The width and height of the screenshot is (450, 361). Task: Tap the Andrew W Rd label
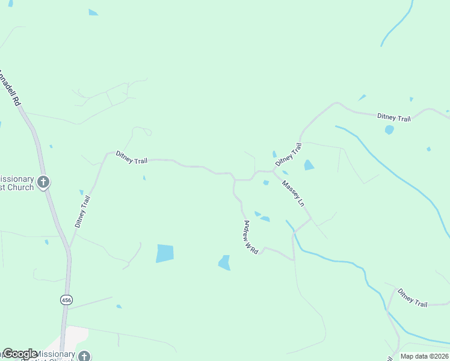[x=250, y=237]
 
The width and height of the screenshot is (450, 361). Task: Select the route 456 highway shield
[x=64, y=300]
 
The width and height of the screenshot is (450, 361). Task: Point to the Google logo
[x=20, y=354]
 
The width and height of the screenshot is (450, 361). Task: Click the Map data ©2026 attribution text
[x=424, y=356]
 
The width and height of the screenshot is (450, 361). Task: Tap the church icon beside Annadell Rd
[x=43, y=182]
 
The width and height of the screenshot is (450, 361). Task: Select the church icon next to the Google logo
[x=85, y=356]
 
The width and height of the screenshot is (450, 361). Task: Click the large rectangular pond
[x=165, y=253]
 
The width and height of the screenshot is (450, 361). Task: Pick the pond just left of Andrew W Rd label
[x=224, y=262]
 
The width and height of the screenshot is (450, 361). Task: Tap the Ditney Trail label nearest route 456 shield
[x=82, y=211]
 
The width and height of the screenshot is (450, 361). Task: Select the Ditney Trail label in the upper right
[x=393, y=117]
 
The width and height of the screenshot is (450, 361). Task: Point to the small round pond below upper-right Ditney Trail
[x=389, y=129]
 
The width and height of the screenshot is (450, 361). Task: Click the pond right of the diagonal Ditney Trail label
[x=309, y=165]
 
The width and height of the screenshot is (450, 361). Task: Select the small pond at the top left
[x=93, y=12]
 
